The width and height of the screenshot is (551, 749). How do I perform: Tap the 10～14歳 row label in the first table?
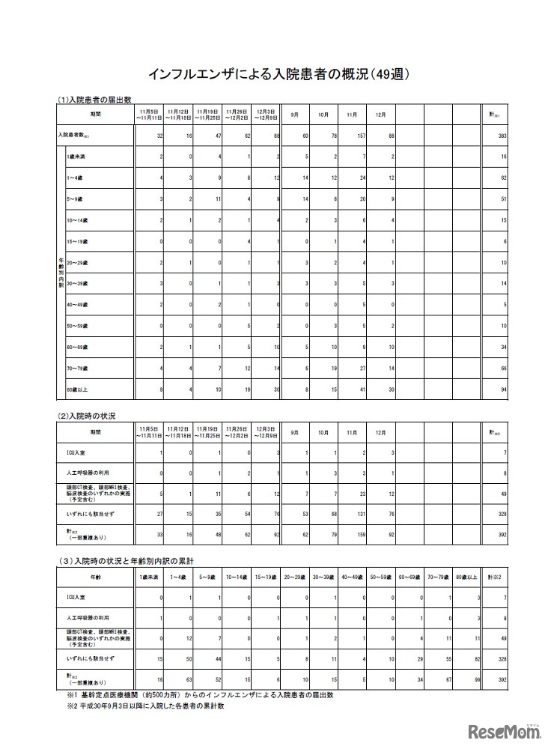78,222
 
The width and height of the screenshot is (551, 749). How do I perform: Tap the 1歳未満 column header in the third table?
147,578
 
